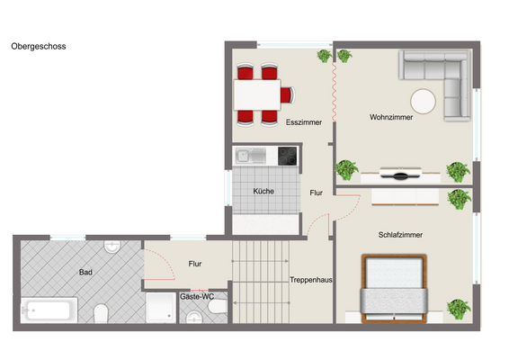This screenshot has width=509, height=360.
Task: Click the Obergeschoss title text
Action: point(39,45)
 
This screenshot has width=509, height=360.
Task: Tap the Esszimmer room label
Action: point(304,122)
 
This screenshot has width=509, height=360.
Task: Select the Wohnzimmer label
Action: point(391,117)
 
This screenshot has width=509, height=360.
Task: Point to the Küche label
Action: point(263,191)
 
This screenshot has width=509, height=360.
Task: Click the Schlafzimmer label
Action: point(400,235)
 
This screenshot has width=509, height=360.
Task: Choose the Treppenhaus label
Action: point(311,280)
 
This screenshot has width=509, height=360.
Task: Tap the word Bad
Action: point(86,271)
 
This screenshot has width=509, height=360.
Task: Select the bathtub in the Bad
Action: point(49,311)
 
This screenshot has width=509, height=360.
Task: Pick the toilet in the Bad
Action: point(102,312)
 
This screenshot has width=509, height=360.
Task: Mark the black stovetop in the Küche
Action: point(286,156)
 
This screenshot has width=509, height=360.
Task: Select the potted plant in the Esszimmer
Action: point(323,56)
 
